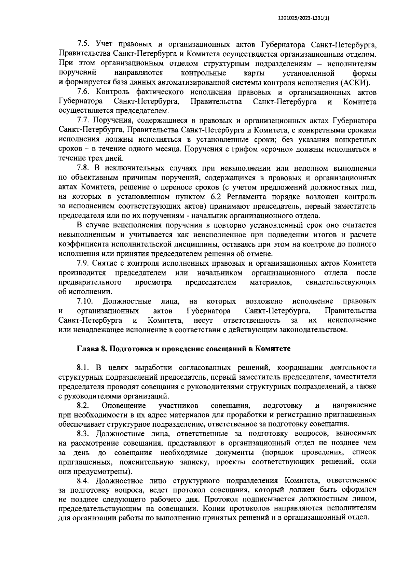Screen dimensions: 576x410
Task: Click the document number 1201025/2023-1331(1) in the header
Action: [304, 19]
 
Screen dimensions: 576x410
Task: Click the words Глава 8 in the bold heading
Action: [91, 349]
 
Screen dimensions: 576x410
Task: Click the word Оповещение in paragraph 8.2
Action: [124, 406]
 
